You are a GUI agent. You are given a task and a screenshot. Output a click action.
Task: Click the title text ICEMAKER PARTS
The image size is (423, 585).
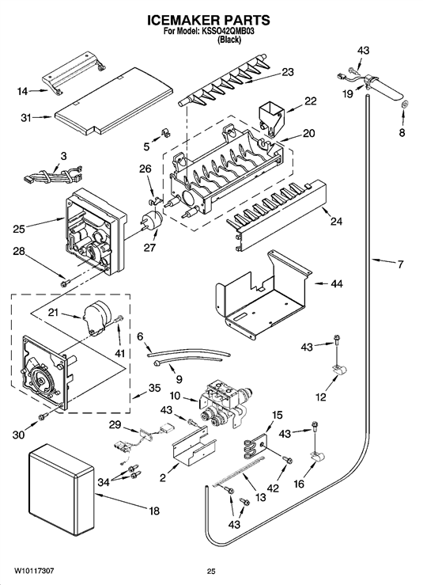click(x=209, y=20)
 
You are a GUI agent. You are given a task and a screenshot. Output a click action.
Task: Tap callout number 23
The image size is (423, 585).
click(x=287, y=72)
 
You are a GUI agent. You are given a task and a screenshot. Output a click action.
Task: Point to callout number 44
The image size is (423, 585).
click(x=337, y=284)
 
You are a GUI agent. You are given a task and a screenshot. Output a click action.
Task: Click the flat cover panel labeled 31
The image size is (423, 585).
click(x=115, y=100)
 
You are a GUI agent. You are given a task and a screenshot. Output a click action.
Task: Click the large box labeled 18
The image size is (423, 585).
click(x=62, y=488)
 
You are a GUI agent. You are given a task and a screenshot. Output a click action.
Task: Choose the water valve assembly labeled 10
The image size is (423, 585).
click(x=225, y=404)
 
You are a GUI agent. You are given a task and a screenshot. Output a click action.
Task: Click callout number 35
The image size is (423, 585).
click(x=154, y=388)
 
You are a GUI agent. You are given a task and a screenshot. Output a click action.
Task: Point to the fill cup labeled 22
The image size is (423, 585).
click(x=270, y=116)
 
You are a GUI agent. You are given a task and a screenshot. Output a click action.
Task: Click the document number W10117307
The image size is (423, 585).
click(x=34, y=571)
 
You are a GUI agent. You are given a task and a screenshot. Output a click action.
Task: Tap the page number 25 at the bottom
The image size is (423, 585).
click(x=211, y=571)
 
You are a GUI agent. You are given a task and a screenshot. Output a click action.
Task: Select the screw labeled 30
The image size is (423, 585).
click(x=43, y=416)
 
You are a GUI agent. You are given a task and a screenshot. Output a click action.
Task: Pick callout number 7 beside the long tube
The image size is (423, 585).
click(x=400, y=264)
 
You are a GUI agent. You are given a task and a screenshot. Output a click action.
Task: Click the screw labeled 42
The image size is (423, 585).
click(x=287, y=460)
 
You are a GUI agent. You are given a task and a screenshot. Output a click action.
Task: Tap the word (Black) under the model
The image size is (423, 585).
click(x=229, y=40)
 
